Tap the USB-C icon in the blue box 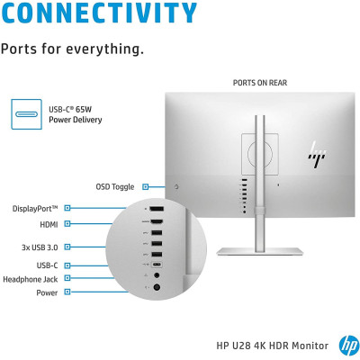pyautogui.click(x=26, y=114)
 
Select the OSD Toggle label pyautogui.click(x=115, y=187)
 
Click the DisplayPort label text pyautogui.click(x=35, y=209)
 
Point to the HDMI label pyautogui.click(x=49, y=224)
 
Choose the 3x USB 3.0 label pyautogui.click(x=40, y=247)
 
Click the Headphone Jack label pyautogui.click(x=30, y=279)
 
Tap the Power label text pyautogui.click(x=47, y=292)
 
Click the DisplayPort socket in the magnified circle pyautogui.click(x=157, y=209)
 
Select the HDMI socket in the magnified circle pyautogui.click(x=157, y=222)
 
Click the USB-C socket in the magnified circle pyautogui.click(x=157, y=265)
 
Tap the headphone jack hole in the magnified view pyautogui.click(x=157, y=274)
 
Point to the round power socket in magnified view pyautogui.click(x=157, y=288)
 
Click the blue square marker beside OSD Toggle pyautogui.click(x=146, y=187)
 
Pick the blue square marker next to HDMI pyautogui.click(x=67, y=223)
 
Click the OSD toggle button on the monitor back pyautogui.click(x=176, y=187)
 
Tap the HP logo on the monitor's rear pyautogui.click(x=317, y=154)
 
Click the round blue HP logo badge pyautogui.click(x=349, y=346)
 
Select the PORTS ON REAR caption pyautogui.click(x=260, y=83)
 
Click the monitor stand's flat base pyautogui.click(x=260, y=251)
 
